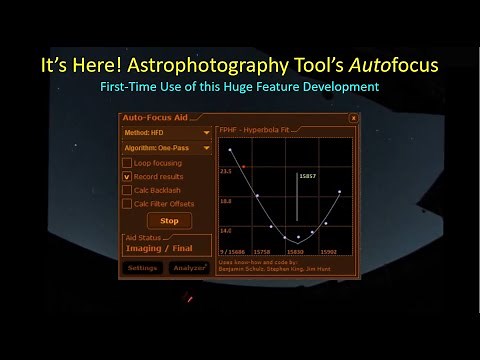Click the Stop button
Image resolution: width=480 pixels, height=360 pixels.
click(x=169, y=221)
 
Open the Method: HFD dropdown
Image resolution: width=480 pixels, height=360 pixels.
click(x=166, y=131)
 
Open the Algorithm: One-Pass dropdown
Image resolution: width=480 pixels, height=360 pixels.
click(x=166, y=148)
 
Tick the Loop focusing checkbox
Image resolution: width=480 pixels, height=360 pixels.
click(x=126, y=162)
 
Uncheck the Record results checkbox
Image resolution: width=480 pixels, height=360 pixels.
click(x=126, y=176)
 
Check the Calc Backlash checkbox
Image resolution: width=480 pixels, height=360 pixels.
click(x=126, y=190)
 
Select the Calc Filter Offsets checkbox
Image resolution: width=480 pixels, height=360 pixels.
click(x=126, y=204)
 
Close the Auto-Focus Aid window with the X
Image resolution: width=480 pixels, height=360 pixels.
click(x=353, y=118)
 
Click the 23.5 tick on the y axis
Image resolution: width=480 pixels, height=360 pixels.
click(x=226, y=171)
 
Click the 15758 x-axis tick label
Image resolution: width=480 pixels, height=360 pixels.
click(x=262, y=252)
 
